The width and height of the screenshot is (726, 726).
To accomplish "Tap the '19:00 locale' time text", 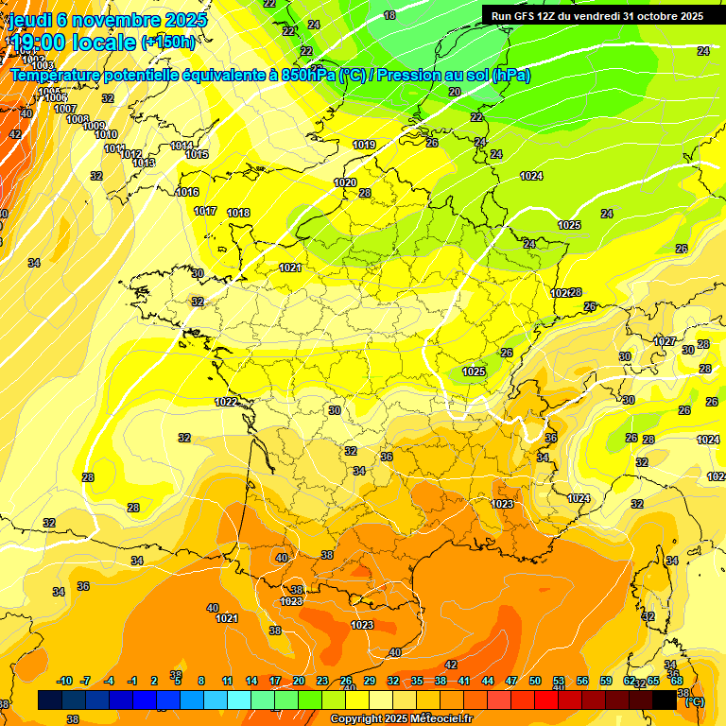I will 74,42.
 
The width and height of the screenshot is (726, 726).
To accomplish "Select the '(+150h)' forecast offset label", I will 167,43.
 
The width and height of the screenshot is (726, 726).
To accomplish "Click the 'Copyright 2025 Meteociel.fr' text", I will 401,719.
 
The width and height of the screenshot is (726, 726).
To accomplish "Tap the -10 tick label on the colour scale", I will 64,681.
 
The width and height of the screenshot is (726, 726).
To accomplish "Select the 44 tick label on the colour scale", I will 487,681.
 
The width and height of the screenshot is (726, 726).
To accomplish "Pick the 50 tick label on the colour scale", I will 535,681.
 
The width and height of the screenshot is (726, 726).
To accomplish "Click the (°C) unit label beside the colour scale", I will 694,701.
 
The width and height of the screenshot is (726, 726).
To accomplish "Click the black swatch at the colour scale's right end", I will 665,700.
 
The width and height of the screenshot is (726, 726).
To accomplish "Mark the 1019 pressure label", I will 364,145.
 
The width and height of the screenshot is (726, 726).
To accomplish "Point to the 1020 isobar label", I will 345,182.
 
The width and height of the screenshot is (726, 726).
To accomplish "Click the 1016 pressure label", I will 187,192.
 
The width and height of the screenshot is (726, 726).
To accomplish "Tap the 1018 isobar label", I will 238,213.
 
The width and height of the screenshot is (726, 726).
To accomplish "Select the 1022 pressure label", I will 226,402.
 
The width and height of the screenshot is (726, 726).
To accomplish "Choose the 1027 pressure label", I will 665,341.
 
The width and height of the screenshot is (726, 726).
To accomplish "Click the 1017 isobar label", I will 205,211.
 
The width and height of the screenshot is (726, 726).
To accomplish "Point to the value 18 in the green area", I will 389,15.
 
